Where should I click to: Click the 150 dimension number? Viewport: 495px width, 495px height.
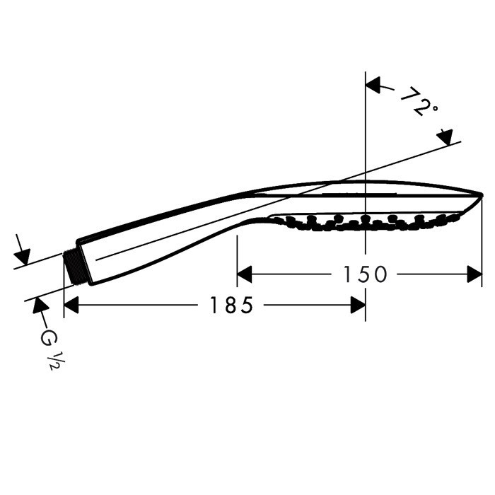(x=365, y=274)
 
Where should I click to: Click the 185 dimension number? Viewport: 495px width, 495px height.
(x=231, y=305)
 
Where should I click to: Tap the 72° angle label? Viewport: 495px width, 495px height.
(x=419, y=100)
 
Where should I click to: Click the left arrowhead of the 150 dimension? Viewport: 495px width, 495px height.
(x=245, y=274)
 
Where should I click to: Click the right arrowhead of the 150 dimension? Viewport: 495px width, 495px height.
(x=474, y=274)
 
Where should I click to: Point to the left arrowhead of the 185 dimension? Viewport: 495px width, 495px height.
(x=71, y=305)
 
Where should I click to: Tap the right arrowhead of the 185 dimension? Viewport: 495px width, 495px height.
(x=358, y=305)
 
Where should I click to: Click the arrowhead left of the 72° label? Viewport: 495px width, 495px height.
(x=373, y=86)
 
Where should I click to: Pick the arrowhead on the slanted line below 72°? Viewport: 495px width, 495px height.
(x=445, y=137)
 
